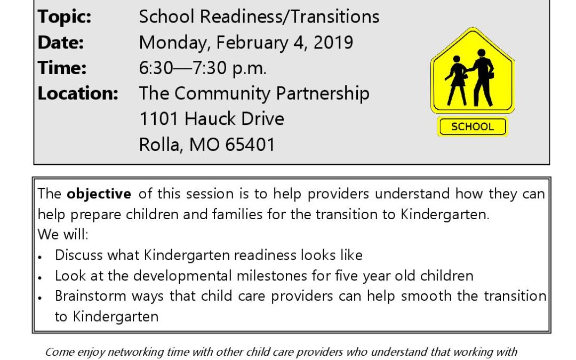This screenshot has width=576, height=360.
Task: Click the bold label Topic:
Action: [x=65, y=17]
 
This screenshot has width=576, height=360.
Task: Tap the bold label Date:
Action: [x=61, y=42]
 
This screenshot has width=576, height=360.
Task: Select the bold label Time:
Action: [x=62, y=68]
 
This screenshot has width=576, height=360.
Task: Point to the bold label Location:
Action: [x=78, y=93]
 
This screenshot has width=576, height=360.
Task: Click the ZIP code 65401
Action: [x=250, y=145]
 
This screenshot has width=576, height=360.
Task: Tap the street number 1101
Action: [x=159, y=118]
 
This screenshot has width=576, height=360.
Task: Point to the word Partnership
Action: [x=323, y=93]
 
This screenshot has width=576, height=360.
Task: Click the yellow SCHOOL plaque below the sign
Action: [x=473, y=127]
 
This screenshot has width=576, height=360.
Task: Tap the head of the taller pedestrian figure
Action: [x=481, y=53]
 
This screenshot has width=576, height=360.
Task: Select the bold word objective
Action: [x=99, y=194]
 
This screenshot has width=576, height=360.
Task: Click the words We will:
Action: [x=63, y=234]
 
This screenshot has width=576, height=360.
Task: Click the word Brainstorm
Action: [x=90, y=296]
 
